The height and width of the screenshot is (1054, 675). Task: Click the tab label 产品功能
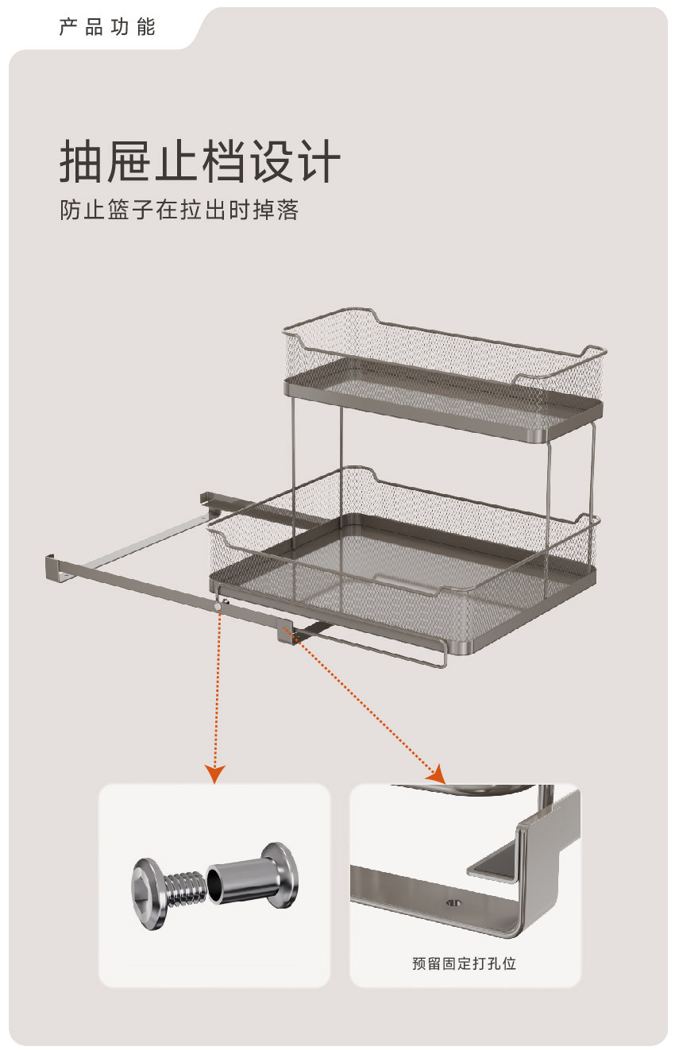click(x=106, y=27)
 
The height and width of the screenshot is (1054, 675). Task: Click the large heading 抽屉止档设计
click(x=200, y=161)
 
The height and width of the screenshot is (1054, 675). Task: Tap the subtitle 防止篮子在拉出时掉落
click(x=179, y=210)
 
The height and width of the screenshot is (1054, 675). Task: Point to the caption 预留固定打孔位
click(x=465, y=963)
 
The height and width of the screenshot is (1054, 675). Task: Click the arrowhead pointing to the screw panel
click(x=215, y=773)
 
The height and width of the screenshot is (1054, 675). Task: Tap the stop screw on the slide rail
click(x=218, y=607)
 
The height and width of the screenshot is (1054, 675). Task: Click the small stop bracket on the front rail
click(x=287, y=634)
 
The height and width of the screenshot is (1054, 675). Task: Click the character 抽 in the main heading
click(x=81, y=161)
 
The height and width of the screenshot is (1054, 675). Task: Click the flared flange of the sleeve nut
click(x=281, y=874)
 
